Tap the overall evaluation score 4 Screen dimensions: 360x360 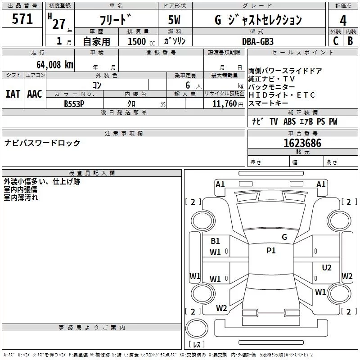click(343, 20)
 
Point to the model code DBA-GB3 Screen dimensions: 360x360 click(257, 41)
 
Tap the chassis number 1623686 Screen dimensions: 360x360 click(302, 143)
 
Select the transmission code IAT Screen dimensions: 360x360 click(13, 94)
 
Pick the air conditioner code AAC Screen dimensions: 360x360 click(35, 94)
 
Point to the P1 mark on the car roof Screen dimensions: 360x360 click(271, 251)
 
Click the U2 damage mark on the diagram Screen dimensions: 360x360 click(327, 268)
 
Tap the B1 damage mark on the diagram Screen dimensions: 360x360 click(216, 241)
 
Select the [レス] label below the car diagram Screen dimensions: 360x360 click(197, 344)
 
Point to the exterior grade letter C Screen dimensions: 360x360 click(335, 41)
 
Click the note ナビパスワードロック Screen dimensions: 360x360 click(42, 143)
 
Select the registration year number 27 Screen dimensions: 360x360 click(59, 23)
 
